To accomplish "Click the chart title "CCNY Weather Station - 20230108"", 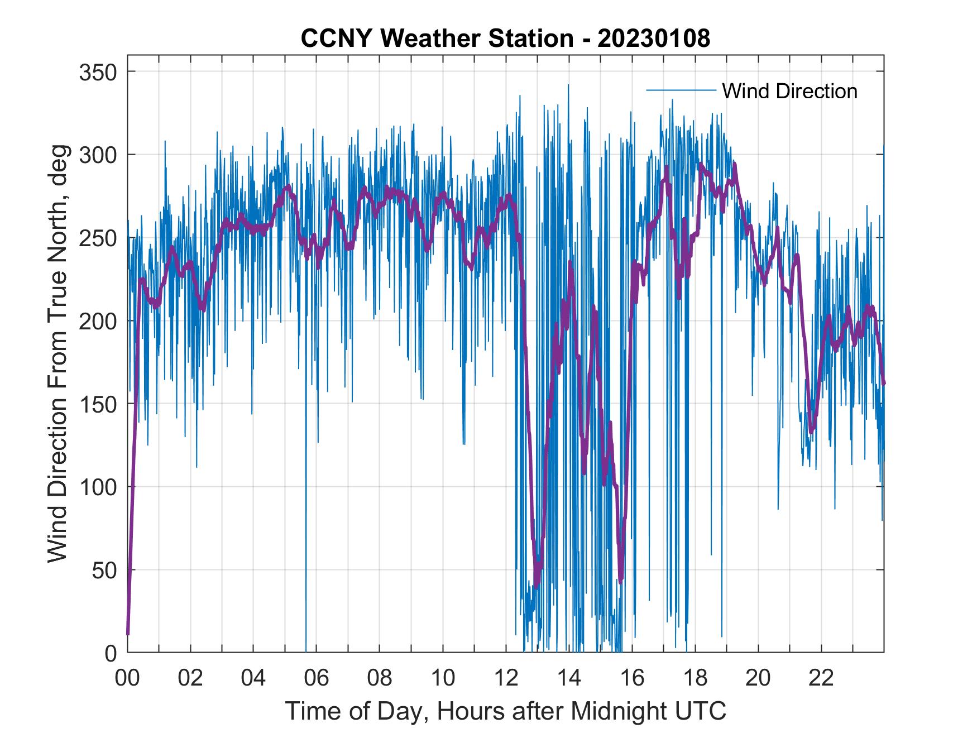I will (505, 39).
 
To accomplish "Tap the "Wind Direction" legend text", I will (789, 91).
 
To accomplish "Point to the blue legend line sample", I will (681, 90).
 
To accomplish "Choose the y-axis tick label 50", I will (104, 570).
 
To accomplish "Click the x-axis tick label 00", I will (127, 679).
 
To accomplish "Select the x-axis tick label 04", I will (253, 679).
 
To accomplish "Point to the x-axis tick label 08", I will (380, 679).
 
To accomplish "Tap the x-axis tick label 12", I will (506, 679).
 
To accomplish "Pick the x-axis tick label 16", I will (632, 679).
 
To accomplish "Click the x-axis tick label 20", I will (758, 679).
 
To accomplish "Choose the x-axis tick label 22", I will (821, 679).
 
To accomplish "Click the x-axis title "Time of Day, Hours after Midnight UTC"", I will (506, 711).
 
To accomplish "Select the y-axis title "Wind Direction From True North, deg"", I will (58, 354).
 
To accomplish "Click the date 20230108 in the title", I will (654, 39).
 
